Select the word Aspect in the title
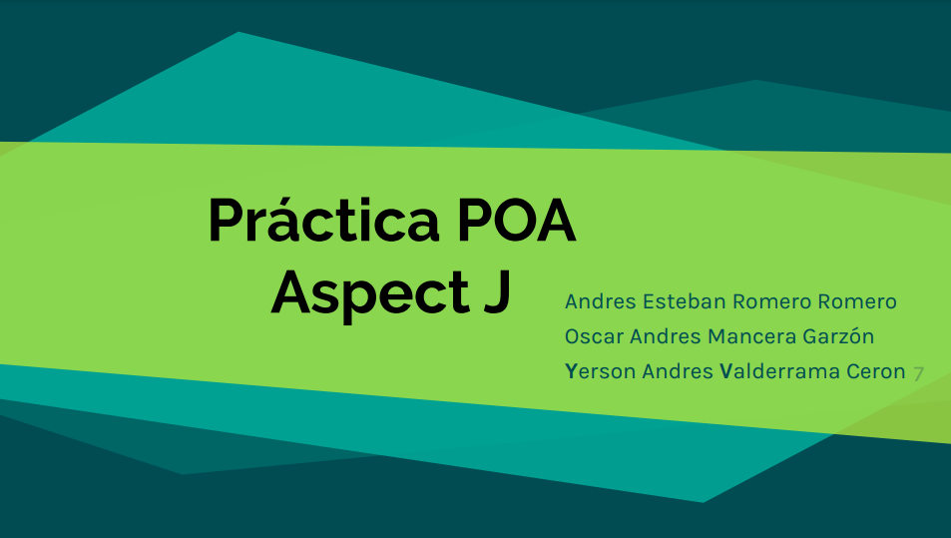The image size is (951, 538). click(x=362, y=293)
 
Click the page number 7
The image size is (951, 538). click(x=918, y=373)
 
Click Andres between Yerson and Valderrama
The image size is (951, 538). click(x=678, y=371)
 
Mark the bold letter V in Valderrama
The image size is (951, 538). click(x=724, y=371)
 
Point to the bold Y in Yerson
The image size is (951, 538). click(x=571, y=371)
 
